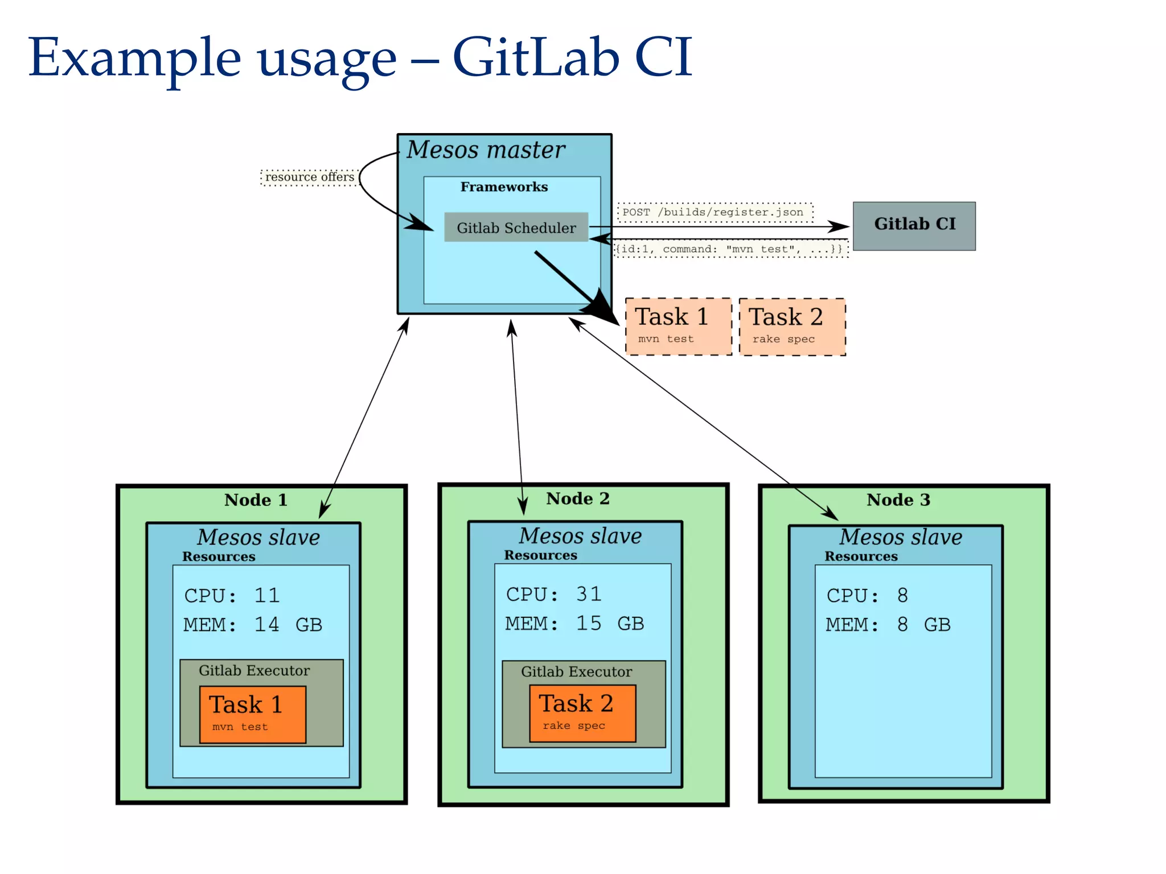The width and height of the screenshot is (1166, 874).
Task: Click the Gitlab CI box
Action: [914, 226]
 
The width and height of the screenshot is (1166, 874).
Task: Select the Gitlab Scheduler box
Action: [516, 228]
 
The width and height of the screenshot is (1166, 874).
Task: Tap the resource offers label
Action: [310, 177]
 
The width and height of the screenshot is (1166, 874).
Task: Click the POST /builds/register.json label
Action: [715, 212]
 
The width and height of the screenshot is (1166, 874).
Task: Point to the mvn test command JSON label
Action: [730, 249]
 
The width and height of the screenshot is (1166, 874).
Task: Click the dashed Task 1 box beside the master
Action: [678, 327]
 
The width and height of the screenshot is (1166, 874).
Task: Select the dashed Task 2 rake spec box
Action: [792, 327]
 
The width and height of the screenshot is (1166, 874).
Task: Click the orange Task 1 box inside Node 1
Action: [252, 714]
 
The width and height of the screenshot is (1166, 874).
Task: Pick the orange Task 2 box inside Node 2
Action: [582, 712]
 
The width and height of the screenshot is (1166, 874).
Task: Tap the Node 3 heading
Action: [898, 500]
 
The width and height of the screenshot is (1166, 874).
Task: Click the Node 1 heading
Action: [256, 500]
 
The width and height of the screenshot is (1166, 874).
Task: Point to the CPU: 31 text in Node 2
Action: [553, 594]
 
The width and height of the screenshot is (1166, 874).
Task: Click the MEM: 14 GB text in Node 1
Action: [252, 625]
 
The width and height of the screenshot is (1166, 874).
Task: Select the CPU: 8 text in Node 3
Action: [867, 596]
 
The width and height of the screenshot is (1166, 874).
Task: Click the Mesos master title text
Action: [486, 150]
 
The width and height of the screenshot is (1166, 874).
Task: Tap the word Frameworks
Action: [504, 187]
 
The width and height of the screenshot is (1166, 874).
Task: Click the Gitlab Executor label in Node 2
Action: [576, 671]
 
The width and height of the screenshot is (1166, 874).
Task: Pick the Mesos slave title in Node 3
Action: [900, 537]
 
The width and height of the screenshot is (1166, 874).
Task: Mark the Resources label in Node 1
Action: [219, 556]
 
